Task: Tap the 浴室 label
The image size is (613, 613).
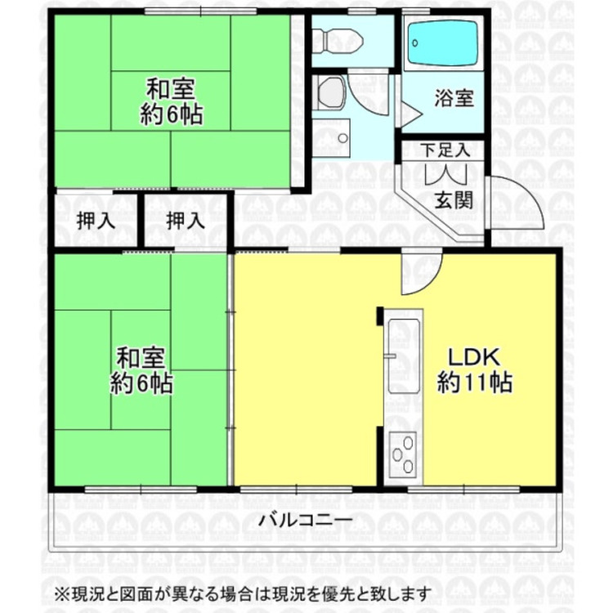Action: [x=454, y=99]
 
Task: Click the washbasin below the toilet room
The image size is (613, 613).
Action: [x=331, y=93]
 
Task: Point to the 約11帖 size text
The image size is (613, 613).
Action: [x=474, y=383]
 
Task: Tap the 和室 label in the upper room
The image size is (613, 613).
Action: [x=172, y=87]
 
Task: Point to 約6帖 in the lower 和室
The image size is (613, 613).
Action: [x=141, y=383]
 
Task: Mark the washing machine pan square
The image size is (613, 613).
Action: [x=331, y=136]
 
